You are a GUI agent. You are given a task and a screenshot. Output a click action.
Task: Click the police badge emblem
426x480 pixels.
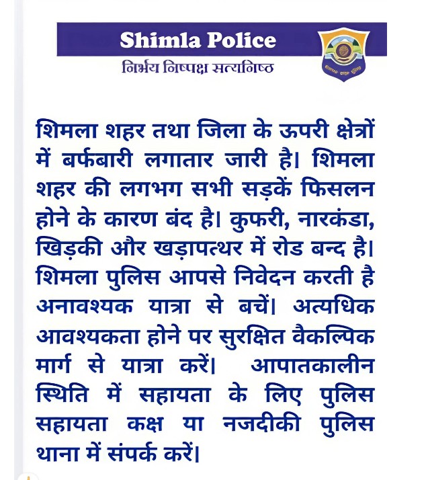pyautogui.click(x=343, y=52)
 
